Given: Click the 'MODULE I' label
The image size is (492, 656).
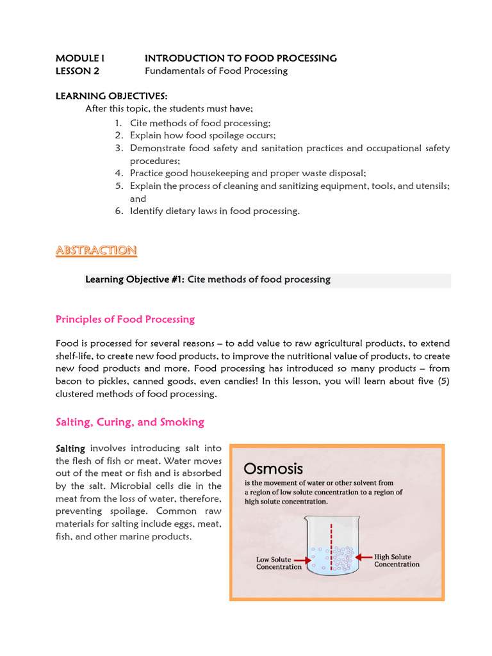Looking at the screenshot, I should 80,58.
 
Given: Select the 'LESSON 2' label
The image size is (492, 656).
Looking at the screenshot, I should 78,71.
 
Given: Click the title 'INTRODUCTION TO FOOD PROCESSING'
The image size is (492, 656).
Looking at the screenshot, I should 240,58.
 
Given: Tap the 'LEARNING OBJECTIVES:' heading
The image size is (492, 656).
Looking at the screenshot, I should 111,96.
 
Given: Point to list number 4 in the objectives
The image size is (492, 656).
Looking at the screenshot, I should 119,173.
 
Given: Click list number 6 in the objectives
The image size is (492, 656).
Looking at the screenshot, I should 119,211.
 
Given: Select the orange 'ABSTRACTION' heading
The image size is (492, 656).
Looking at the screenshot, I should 96,250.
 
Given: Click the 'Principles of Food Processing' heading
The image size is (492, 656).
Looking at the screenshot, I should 125,319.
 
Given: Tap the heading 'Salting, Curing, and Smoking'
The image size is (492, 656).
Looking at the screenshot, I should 130,422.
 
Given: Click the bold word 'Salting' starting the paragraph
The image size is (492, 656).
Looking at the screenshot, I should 71,448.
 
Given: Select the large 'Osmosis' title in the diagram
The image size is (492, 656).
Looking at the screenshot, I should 274,469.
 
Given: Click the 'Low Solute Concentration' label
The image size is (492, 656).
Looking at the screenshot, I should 279,563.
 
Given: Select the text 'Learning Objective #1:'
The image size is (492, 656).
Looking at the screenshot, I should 135,279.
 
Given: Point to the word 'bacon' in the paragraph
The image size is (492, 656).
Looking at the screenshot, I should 70,382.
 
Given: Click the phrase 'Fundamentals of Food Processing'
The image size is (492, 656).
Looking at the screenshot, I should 216,71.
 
